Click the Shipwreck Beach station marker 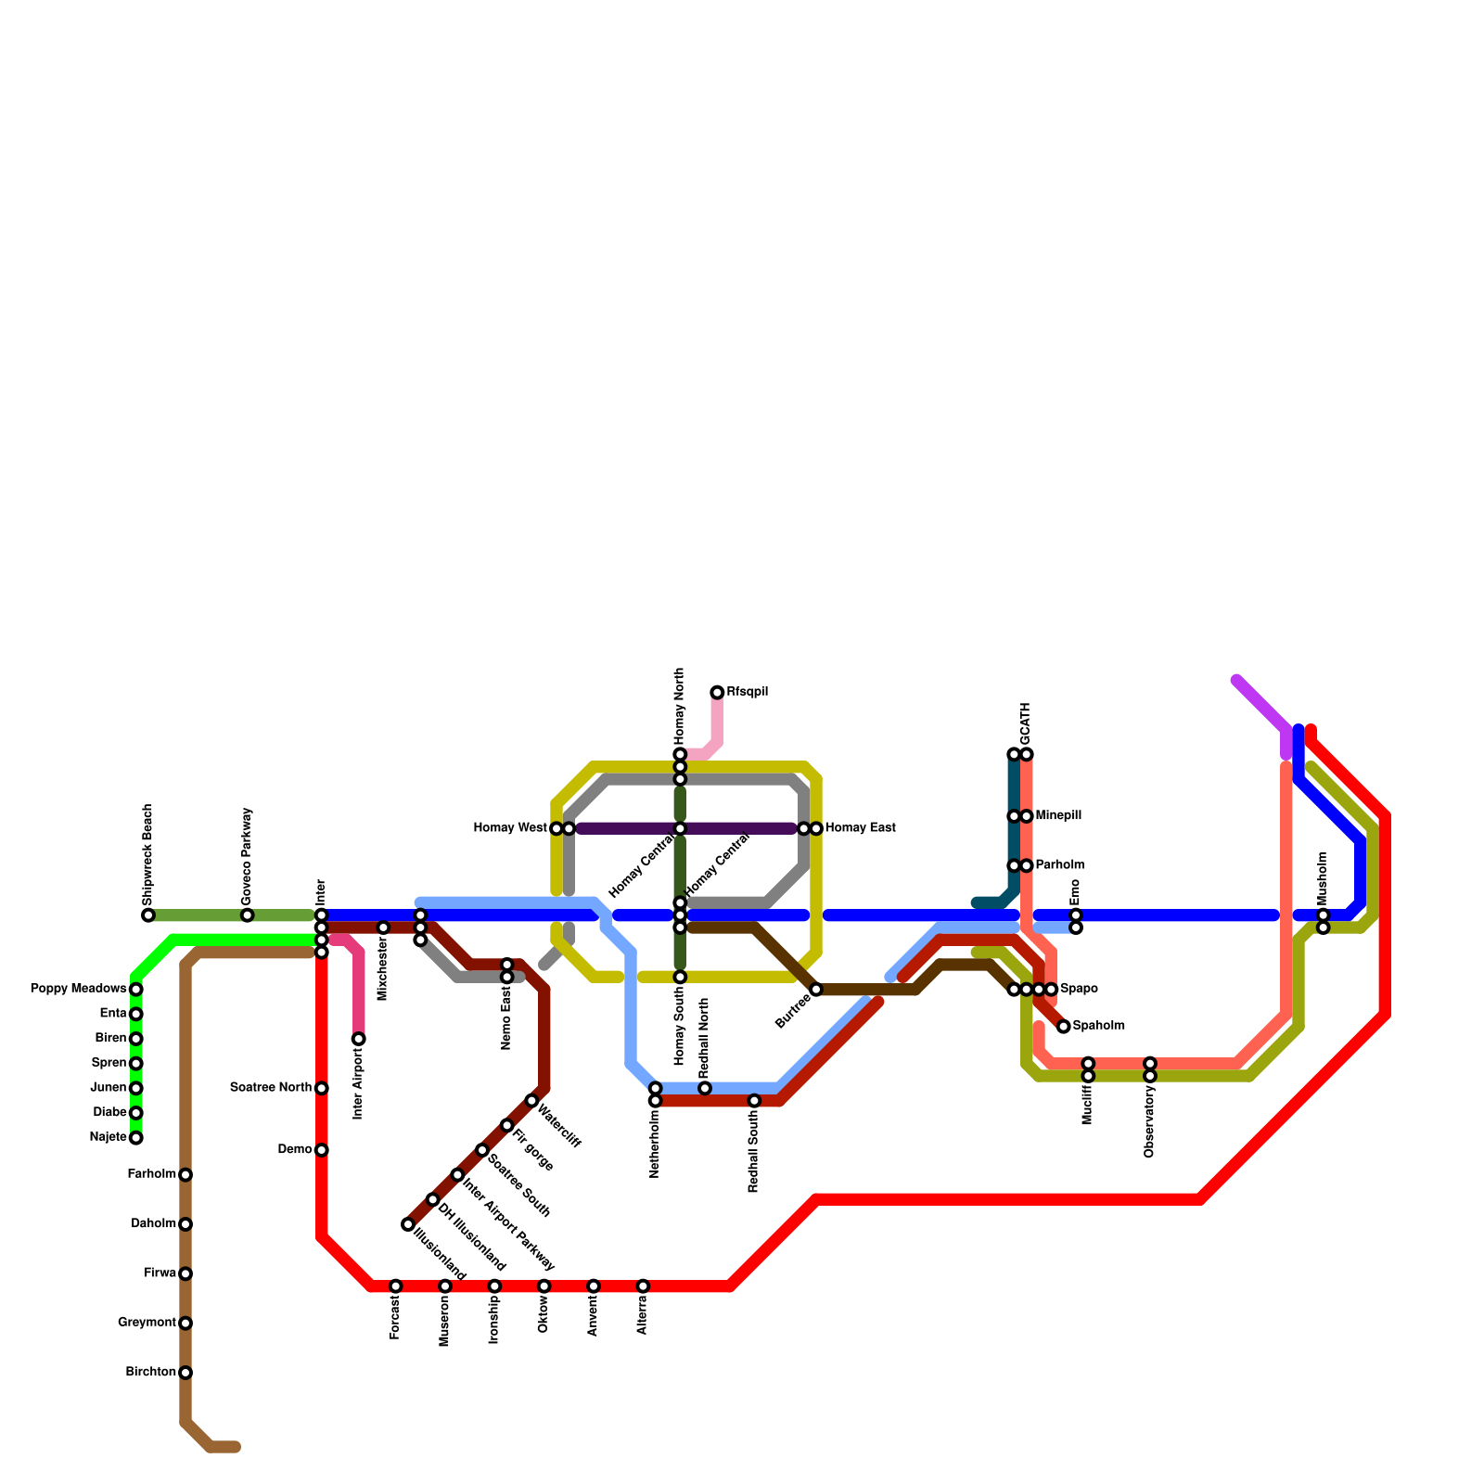(148, 915)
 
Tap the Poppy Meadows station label (78, 989)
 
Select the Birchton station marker (185, 1372)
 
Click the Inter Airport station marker (359, 1039)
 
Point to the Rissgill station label (747, 692)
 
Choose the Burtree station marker (816, 990)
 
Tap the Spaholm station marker (1064, 1026)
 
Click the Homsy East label (860, 828)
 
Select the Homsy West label (510, 828)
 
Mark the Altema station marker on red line (644, 1286)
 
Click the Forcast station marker (396, 1286)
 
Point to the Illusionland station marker (408, 1224)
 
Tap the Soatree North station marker (322, 1088)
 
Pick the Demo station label (295, 1150)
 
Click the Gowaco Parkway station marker (248, 915)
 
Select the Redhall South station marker (755, 1101)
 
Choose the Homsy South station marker (680, 977)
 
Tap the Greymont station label (147, 1323)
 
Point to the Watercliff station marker (531, 1101)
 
